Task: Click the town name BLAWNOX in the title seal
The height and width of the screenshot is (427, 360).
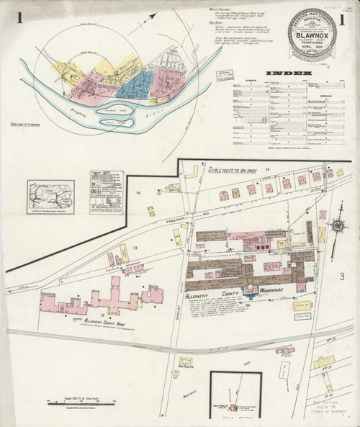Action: tap(312, 41)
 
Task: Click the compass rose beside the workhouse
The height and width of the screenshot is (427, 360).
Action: tap(338, 225)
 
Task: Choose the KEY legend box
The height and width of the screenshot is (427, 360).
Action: tap(107, 192)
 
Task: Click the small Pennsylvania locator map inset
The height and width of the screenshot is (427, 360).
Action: tap(50, 195)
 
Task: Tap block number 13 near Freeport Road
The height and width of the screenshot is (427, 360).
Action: tap(133, 247)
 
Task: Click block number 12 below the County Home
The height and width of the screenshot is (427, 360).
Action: tap(102, 315)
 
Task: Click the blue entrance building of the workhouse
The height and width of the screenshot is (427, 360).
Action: tap(250, 290)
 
